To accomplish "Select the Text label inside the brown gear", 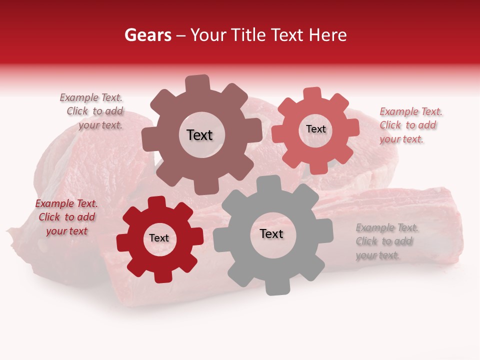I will [199, 135].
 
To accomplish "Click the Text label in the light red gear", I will [315, 129].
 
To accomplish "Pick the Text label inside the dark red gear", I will [159, 238].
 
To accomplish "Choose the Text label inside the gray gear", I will [271, 233].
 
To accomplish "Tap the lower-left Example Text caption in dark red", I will [66, 217].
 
